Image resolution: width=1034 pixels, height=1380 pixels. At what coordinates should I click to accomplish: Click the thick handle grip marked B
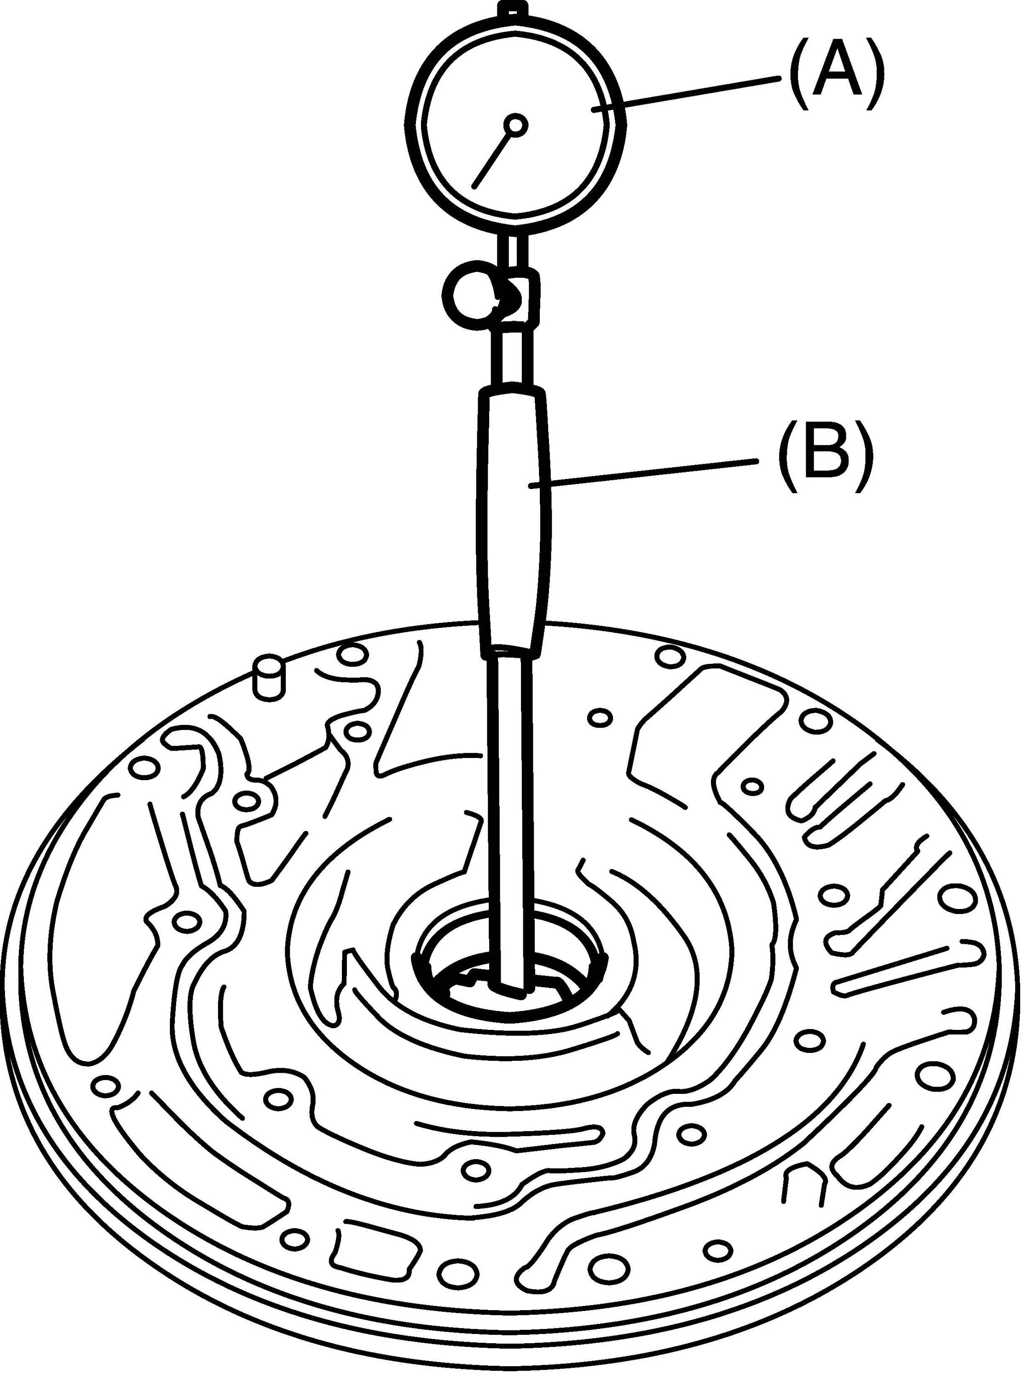[514, 524]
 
